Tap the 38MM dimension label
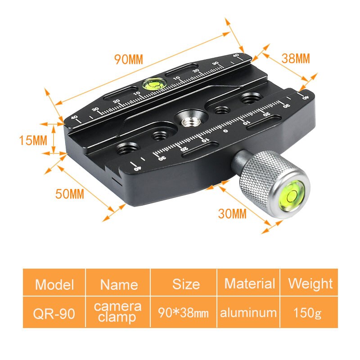(296, 58)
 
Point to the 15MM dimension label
(33, 140)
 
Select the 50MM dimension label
(70, 194)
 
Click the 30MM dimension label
(232, 213)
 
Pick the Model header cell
(54, 284)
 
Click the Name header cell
(118, 284)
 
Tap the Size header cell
(185, 284)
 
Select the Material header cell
(249, 283)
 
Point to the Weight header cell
(310, 283)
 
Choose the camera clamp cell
(118, 312)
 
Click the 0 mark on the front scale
(225, 131)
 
